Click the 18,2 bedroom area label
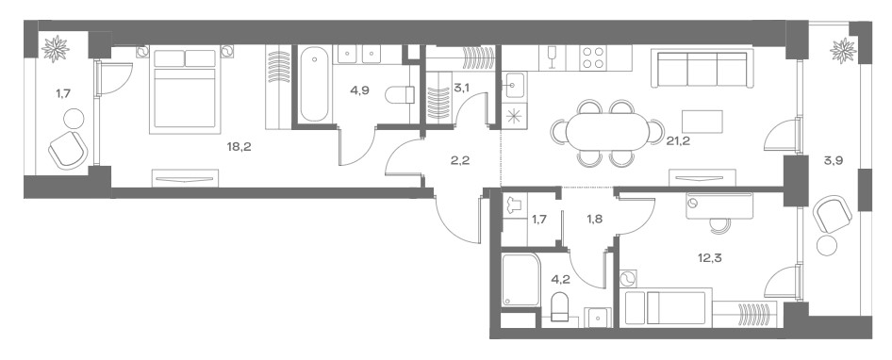tap(239, 147)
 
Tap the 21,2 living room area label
tap(678, 141)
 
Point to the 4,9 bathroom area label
tap(359, 90)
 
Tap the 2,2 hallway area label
tap(459, 160)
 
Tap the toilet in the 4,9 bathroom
tap(400, 94)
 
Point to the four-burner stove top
tap(594, 57)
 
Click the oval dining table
tap(607, 131)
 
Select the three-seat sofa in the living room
tap(702, 68)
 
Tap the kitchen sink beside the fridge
tap(514, 86)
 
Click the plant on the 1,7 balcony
tap(56, 49)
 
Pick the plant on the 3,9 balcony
tap(843, 51)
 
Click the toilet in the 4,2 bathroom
tap(560, 306)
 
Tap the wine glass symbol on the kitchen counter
tap(551, 57)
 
